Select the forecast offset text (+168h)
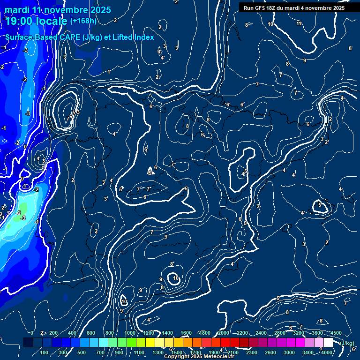[84, 21]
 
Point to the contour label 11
[299, 23]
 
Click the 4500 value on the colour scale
[336, 333]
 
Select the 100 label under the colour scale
[45, 352]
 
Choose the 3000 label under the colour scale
[289, 352]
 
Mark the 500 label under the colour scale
[82, 352]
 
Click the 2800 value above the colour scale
[280, 333]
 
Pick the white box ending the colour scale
[328, 343]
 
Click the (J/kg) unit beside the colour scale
[347, 343]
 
